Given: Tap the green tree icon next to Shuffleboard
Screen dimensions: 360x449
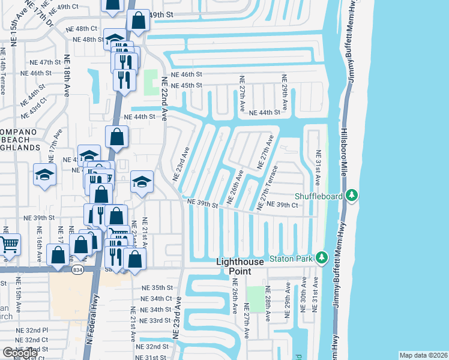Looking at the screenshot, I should click(x=352, y=196).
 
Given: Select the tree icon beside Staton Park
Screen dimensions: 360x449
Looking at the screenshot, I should click(x=322, y=258).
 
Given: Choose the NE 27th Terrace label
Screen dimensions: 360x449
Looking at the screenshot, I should click(x=267, y=188).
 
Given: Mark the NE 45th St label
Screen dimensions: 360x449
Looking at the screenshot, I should click(x=187, y=85).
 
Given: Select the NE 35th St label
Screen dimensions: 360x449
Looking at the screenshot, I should click(x=157, y=288).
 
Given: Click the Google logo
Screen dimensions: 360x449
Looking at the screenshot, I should click(x=20, y=352).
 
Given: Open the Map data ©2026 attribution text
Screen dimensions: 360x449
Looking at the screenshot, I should click(x=423, y=355).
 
